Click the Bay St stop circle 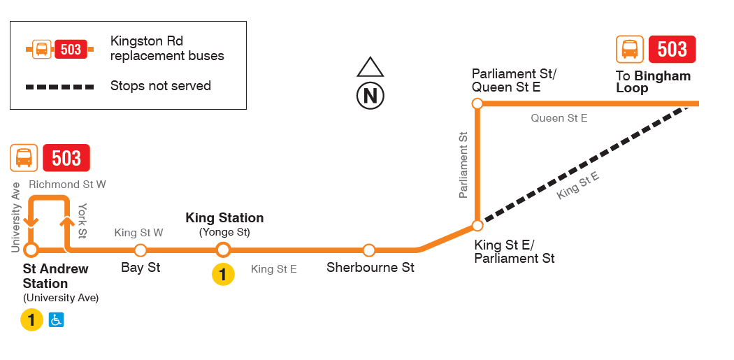pyautogui.click(x=141, y=250)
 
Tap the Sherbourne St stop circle pyautogui.click(x=369, y=250)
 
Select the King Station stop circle pyautogui.click(x=223, y=250)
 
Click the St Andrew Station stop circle pyautogui.click(x=31, y=250)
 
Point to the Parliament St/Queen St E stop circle pyautogui.click(x=477, y=103)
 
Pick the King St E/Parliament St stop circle pyautogui.click(x=477, y=225)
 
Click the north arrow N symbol pyautogui.click(x=370, y=95)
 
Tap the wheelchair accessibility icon pyautogui.click(x=57, y=320)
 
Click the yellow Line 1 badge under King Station pyautogui.click(x=223, y=275)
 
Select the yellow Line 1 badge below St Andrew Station pyautogui.click(x=31, y=320)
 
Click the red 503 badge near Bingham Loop pyautogui.click(x=672, y=50)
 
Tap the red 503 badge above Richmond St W pyautogui.click(x=66, y=158)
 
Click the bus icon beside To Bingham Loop pyautogui.click(x=630, y=50)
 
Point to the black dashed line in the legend pyautogui.click(x=59, y=87)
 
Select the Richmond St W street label pyautogui.click(x=67, y=185)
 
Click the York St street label pyautogui.click(x=82, y=220)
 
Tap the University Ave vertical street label pyautogui.click(x=16, y=217)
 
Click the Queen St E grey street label pyautogui.click(x=559, y=118)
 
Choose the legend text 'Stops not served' pyautogui.click(x=160, y=86)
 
